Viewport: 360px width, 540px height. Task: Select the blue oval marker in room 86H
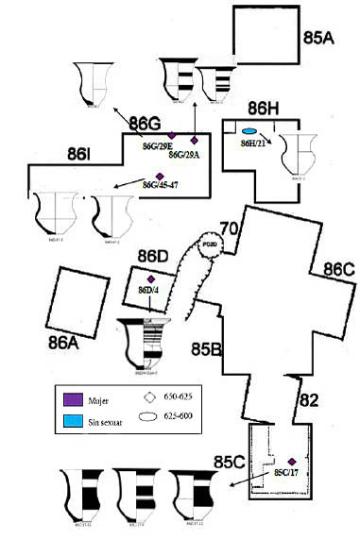tap(250, 131)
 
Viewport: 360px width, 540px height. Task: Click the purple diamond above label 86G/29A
tap(195, 140)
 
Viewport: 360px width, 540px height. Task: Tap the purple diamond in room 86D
tap(151, 278)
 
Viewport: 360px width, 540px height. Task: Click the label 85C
tap(230, 462)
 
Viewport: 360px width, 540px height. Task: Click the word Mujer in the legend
tap(95, 395)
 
